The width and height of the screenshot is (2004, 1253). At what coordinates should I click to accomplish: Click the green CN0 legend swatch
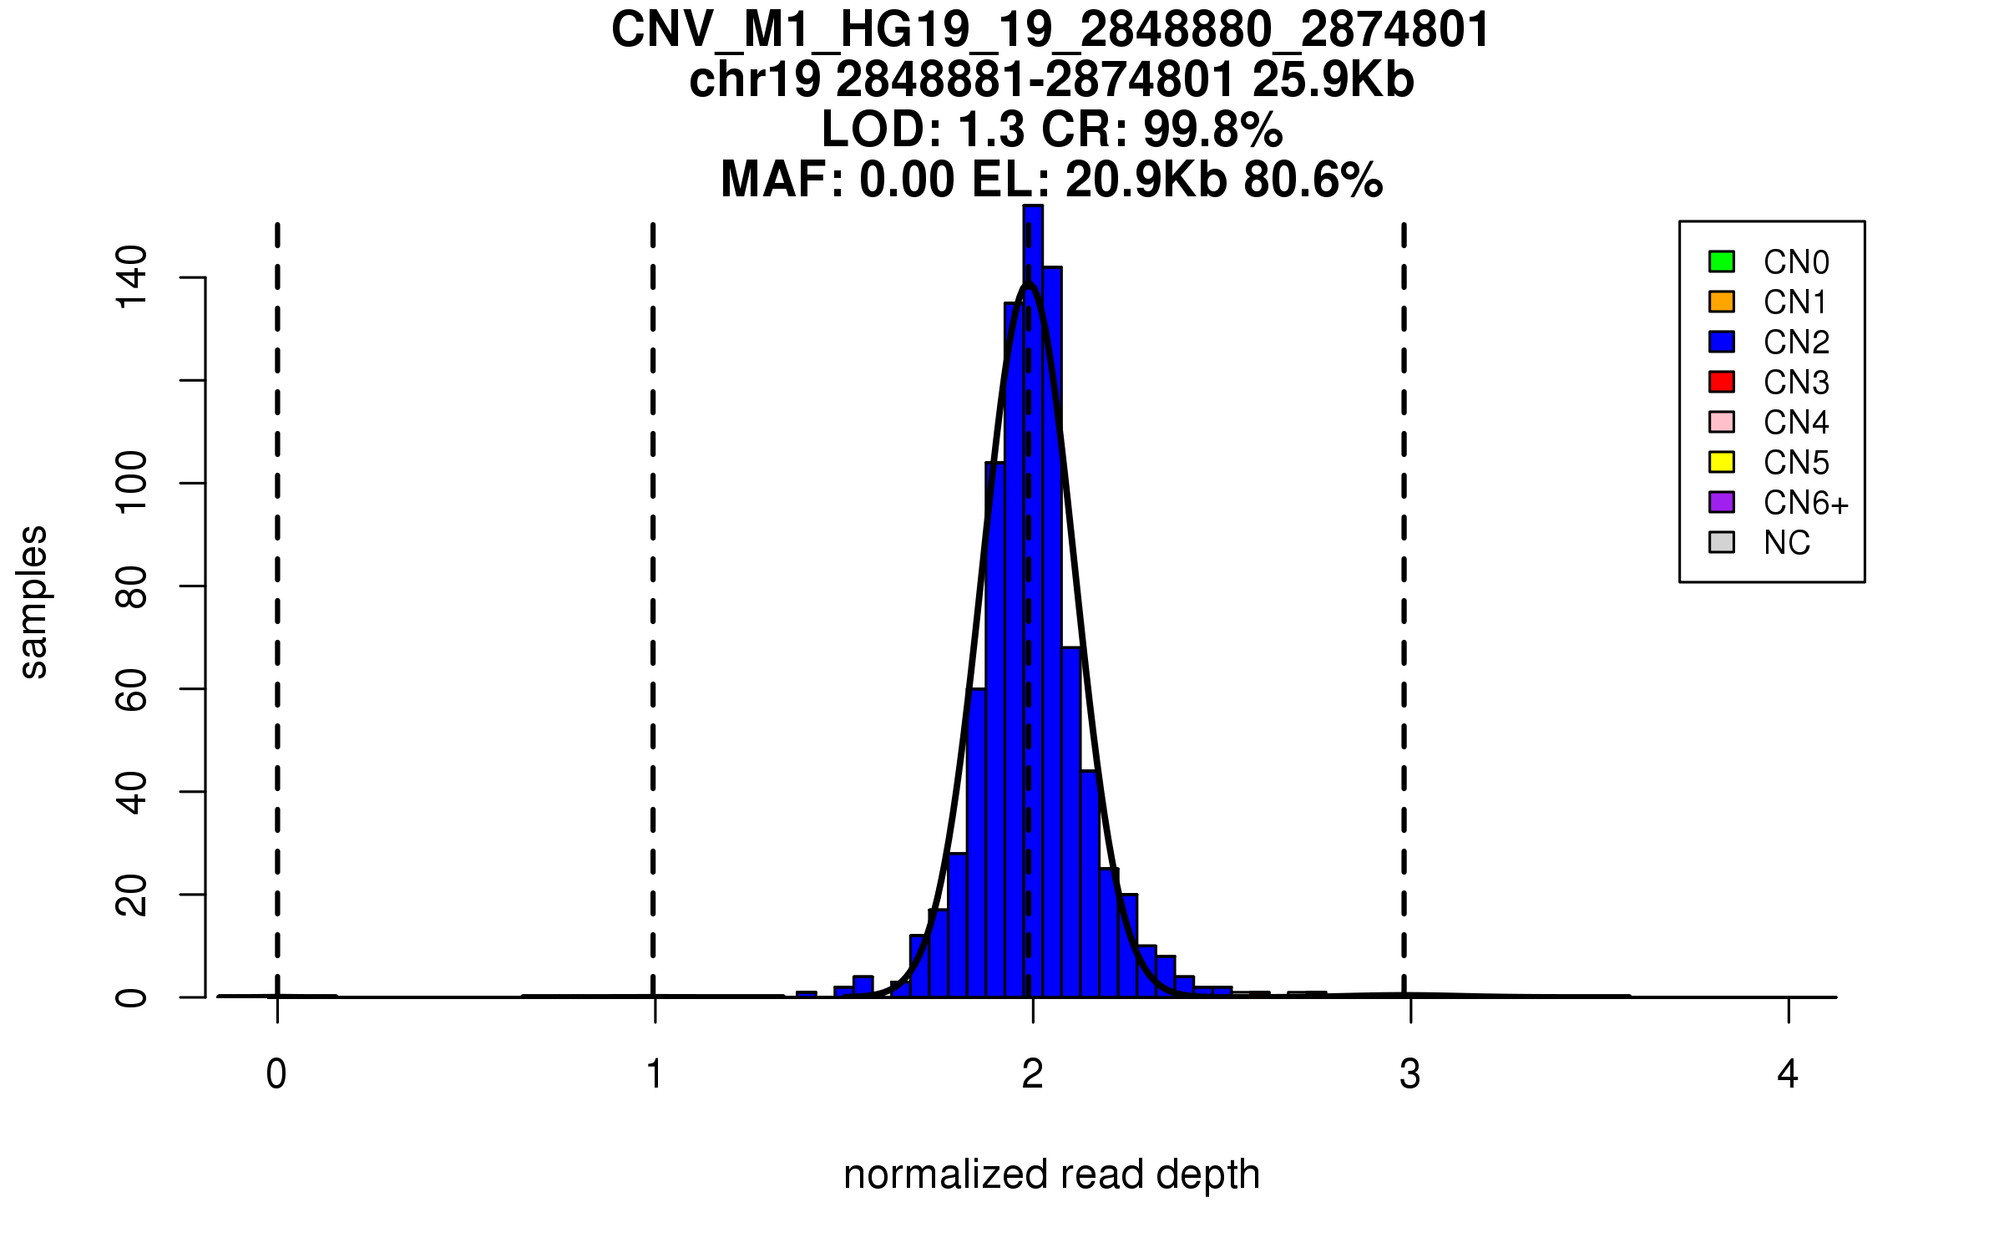pos(1722,261)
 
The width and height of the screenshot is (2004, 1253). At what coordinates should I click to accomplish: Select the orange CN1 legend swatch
pos(1722,302)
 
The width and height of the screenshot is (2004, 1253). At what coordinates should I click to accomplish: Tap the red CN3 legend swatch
pos(1722,382)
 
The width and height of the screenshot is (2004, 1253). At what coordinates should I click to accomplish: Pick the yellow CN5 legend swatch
pos(1722,462)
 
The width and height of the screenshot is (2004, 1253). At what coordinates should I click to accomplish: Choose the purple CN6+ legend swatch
pos(1722,502)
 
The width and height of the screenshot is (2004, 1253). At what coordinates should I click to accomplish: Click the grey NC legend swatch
pos(1722,542)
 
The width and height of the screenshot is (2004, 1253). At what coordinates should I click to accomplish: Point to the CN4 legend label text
pos(1796,423)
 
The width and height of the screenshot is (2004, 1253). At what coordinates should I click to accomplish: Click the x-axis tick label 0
pos(276,1074)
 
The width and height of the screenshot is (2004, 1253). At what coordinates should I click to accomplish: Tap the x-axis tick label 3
pos(1410,1074)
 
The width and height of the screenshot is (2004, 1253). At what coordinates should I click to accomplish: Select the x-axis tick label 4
pos(1788,1074)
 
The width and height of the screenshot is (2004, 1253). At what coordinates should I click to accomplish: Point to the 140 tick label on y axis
pos(131,277)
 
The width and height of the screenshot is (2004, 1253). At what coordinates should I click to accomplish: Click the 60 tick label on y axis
pos(131,689)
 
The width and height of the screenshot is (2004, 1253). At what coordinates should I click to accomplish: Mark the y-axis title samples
pos(33,601)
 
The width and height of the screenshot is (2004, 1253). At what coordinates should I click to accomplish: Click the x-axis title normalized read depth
pos(1051,1174)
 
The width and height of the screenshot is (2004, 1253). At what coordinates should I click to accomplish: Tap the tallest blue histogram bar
pos(1033,585)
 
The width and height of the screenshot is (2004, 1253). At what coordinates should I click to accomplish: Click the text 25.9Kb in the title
pos(1333,80)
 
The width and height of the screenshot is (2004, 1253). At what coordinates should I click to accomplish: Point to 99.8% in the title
pos(1212,130)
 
